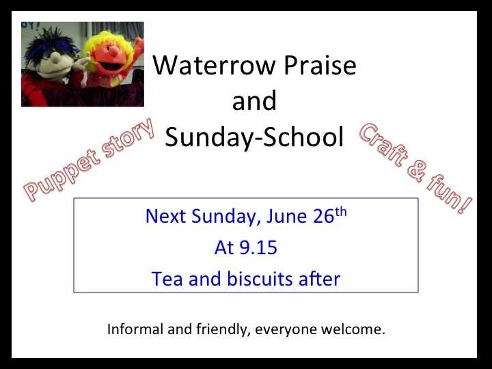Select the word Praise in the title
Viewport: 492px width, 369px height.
click(320, 65)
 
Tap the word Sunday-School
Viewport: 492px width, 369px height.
click(254, 137)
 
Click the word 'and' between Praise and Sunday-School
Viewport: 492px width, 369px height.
click(254, 100)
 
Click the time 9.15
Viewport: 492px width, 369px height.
click(258, 247)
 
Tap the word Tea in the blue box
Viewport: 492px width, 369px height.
click(167, 279)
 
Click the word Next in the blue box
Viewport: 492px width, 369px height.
click(165, 216)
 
